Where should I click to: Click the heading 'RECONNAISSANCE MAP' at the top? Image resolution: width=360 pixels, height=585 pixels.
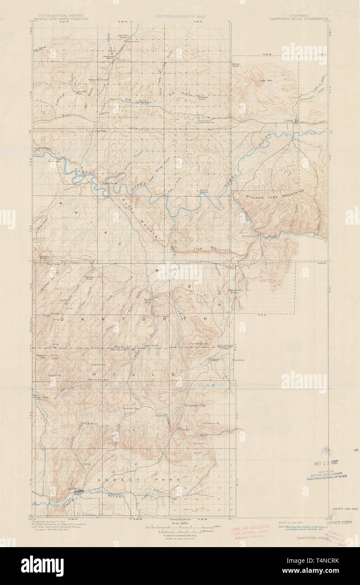click(180, 16)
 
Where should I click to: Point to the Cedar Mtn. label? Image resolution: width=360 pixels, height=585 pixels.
click(266, 80)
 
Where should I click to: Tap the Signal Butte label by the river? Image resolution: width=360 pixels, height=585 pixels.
click(110, 183)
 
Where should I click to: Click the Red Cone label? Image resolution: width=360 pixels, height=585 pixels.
click(52, 264)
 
